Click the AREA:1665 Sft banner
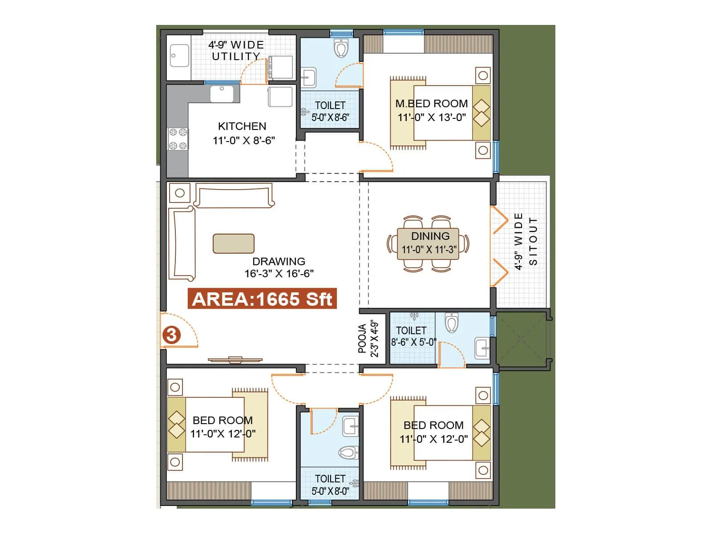point(262,299)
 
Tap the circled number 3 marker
point(172,335)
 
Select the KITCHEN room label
point(242,126)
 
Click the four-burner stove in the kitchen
point(178,139)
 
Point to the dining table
point(428,243)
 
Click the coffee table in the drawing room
point(234,243)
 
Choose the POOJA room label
point(362,339)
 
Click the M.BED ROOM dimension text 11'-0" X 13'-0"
point(432,117)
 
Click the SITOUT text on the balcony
point(533,242)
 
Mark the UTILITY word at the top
point(236,57)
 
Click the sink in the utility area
point(180,56)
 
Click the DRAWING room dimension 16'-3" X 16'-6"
point(279,274)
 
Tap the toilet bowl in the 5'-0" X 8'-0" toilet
point(348,453)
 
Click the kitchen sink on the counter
point(222,94)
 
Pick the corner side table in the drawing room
point(180,193)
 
